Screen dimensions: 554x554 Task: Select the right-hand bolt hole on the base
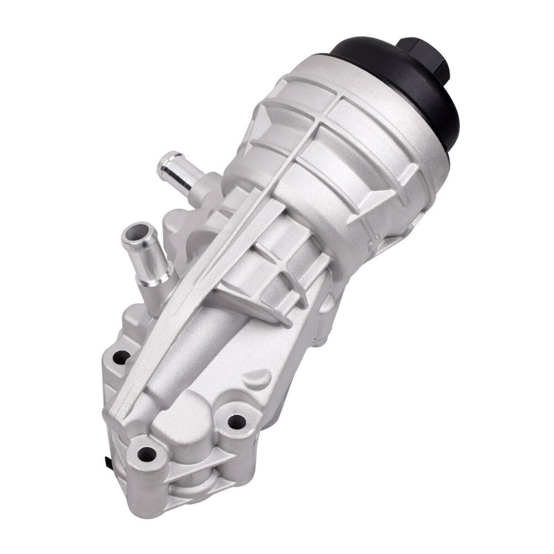click(x=235, y=422)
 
